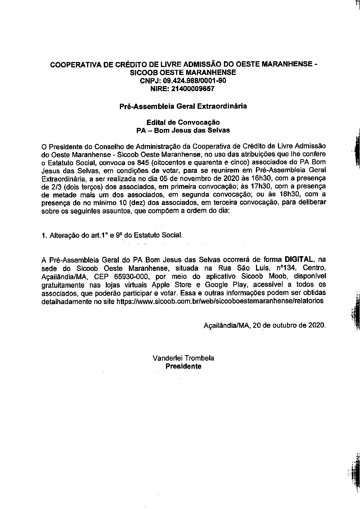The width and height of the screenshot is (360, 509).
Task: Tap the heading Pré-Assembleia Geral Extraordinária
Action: (x=183, y=106)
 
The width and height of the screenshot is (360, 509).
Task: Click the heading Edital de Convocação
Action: (x=183, y=122)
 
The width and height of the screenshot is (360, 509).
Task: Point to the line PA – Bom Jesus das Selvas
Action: (x=183, y=130)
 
